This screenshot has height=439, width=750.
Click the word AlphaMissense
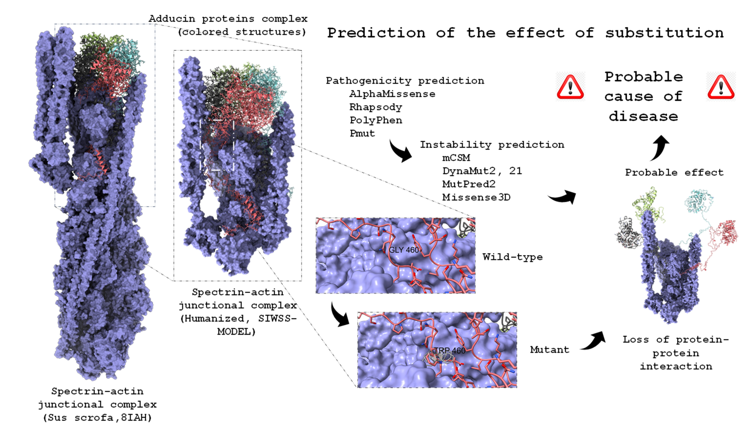pos(392,94)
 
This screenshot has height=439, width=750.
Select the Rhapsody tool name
pos(376,107)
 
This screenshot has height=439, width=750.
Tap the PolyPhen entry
pos(376,120)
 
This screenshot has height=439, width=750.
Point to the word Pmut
pos(362,133)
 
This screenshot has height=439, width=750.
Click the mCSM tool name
pos(456,158)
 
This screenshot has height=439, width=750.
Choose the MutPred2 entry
pos(469,184)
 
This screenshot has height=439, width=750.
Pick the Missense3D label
pos(476,198)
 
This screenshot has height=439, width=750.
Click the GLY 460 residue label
pos(404,250)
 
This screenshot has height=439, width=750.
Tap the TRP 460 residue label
pos(450,350)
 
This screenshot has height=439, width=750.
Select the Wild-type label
pos(513,257)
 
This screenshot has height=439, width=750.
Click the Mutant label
pos(550,350)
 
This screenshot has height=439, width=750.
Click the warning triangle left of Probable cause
pos(570,87)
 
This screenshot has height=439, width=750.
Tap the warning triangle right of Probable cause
pos(721,87)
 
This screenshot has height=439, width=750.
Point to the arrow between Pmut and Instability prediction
pos(400,151)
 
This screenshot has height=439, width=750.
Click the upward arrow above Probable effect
pos(660,147)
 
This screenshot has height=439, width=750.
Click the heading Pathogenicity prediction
pos(405,81)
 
